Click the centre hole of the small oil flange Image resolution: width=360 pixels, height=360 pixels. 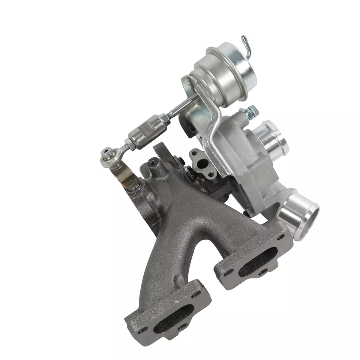203,163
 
